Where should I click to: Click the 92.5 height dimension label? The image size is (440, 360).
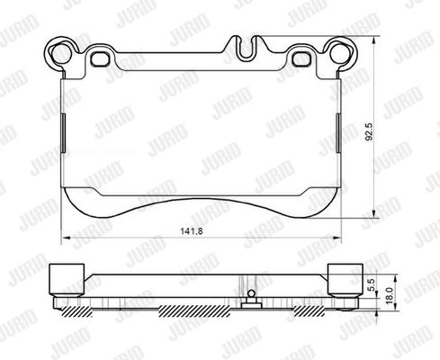click(x=369, y=131)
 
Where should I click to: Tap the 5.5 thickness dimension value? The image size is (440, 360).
click(x=371, y=284)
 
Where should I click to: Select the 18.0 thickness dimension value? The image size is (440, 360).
click(x=389, y=296)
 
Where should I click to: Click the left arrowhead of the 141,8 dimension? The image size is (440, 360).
click(x=66, y=238)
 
